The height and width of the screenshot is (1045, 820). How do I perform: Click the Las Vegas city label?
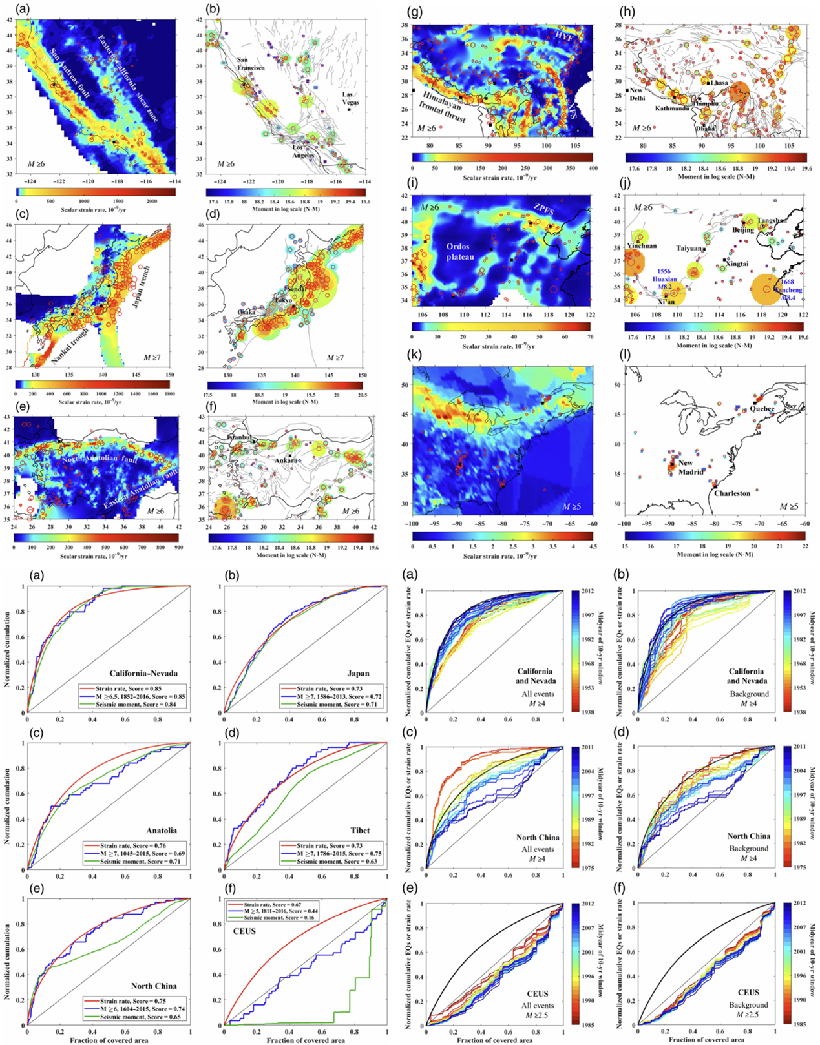pyautogui.click(x=351, y=98)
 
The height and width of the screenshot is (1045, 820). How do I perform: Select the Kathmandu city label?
pyautogui.click(x=672, y=109)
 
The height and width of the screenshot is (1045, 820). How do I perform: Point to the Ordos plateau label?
pyautogui.click(x=460, y=251)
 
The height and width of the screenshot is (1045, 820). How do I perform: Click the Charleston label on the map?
pyautogui.click(x=732, y=493)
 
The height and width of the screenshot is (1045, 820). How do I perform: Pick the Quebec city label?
pyautogui.click(x=762, y=409)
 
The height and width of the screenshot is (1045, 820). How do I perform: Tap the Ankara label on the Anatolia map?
pyautogui.click(x=286, y=460)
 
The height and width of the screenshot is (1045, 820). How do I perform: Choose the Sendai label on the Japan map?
pyautogui.click(x=297, y=289)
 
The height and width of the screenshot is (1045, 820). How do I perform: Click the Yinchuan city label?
pyautogui.click(x=642, y=246)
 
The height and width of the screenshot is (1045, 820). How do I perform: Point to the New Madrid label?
pyautogui.click(x=690, y=467)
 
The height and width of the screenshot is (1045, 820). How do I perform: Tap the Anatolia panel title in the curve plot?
pyautogui.click(x=161, y=831)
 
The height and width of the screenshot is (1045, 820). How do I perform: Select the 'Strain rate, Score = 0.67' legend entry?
pyautogui.click(x=272, y=905)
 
